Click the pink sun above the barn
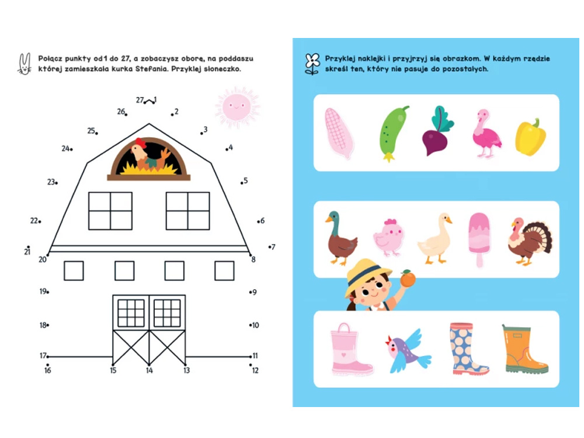click(237, 107)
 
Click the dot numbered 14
click(149, 364)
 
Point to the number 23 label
click(51, 182)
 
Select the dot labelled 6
click(258, 221)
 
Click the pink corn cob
click(338, 133)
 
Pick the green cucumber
click(392, 133)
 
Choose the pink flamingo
click(486, 133)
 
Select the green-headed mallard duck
click(340, 238)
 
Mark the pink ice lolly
click(479, 239)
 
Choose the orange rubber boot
click(524, 349)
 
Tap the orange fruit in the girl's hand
click(408, 279)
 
